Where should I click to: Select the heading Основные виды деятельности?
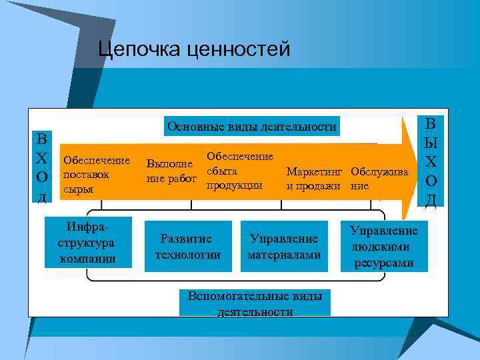252,126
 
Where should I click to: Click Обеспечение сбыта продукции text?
239,171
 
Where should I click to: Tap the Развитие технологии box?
187,246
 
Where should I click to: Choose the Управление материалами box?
284,246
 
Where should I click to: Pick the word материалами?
284,255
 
